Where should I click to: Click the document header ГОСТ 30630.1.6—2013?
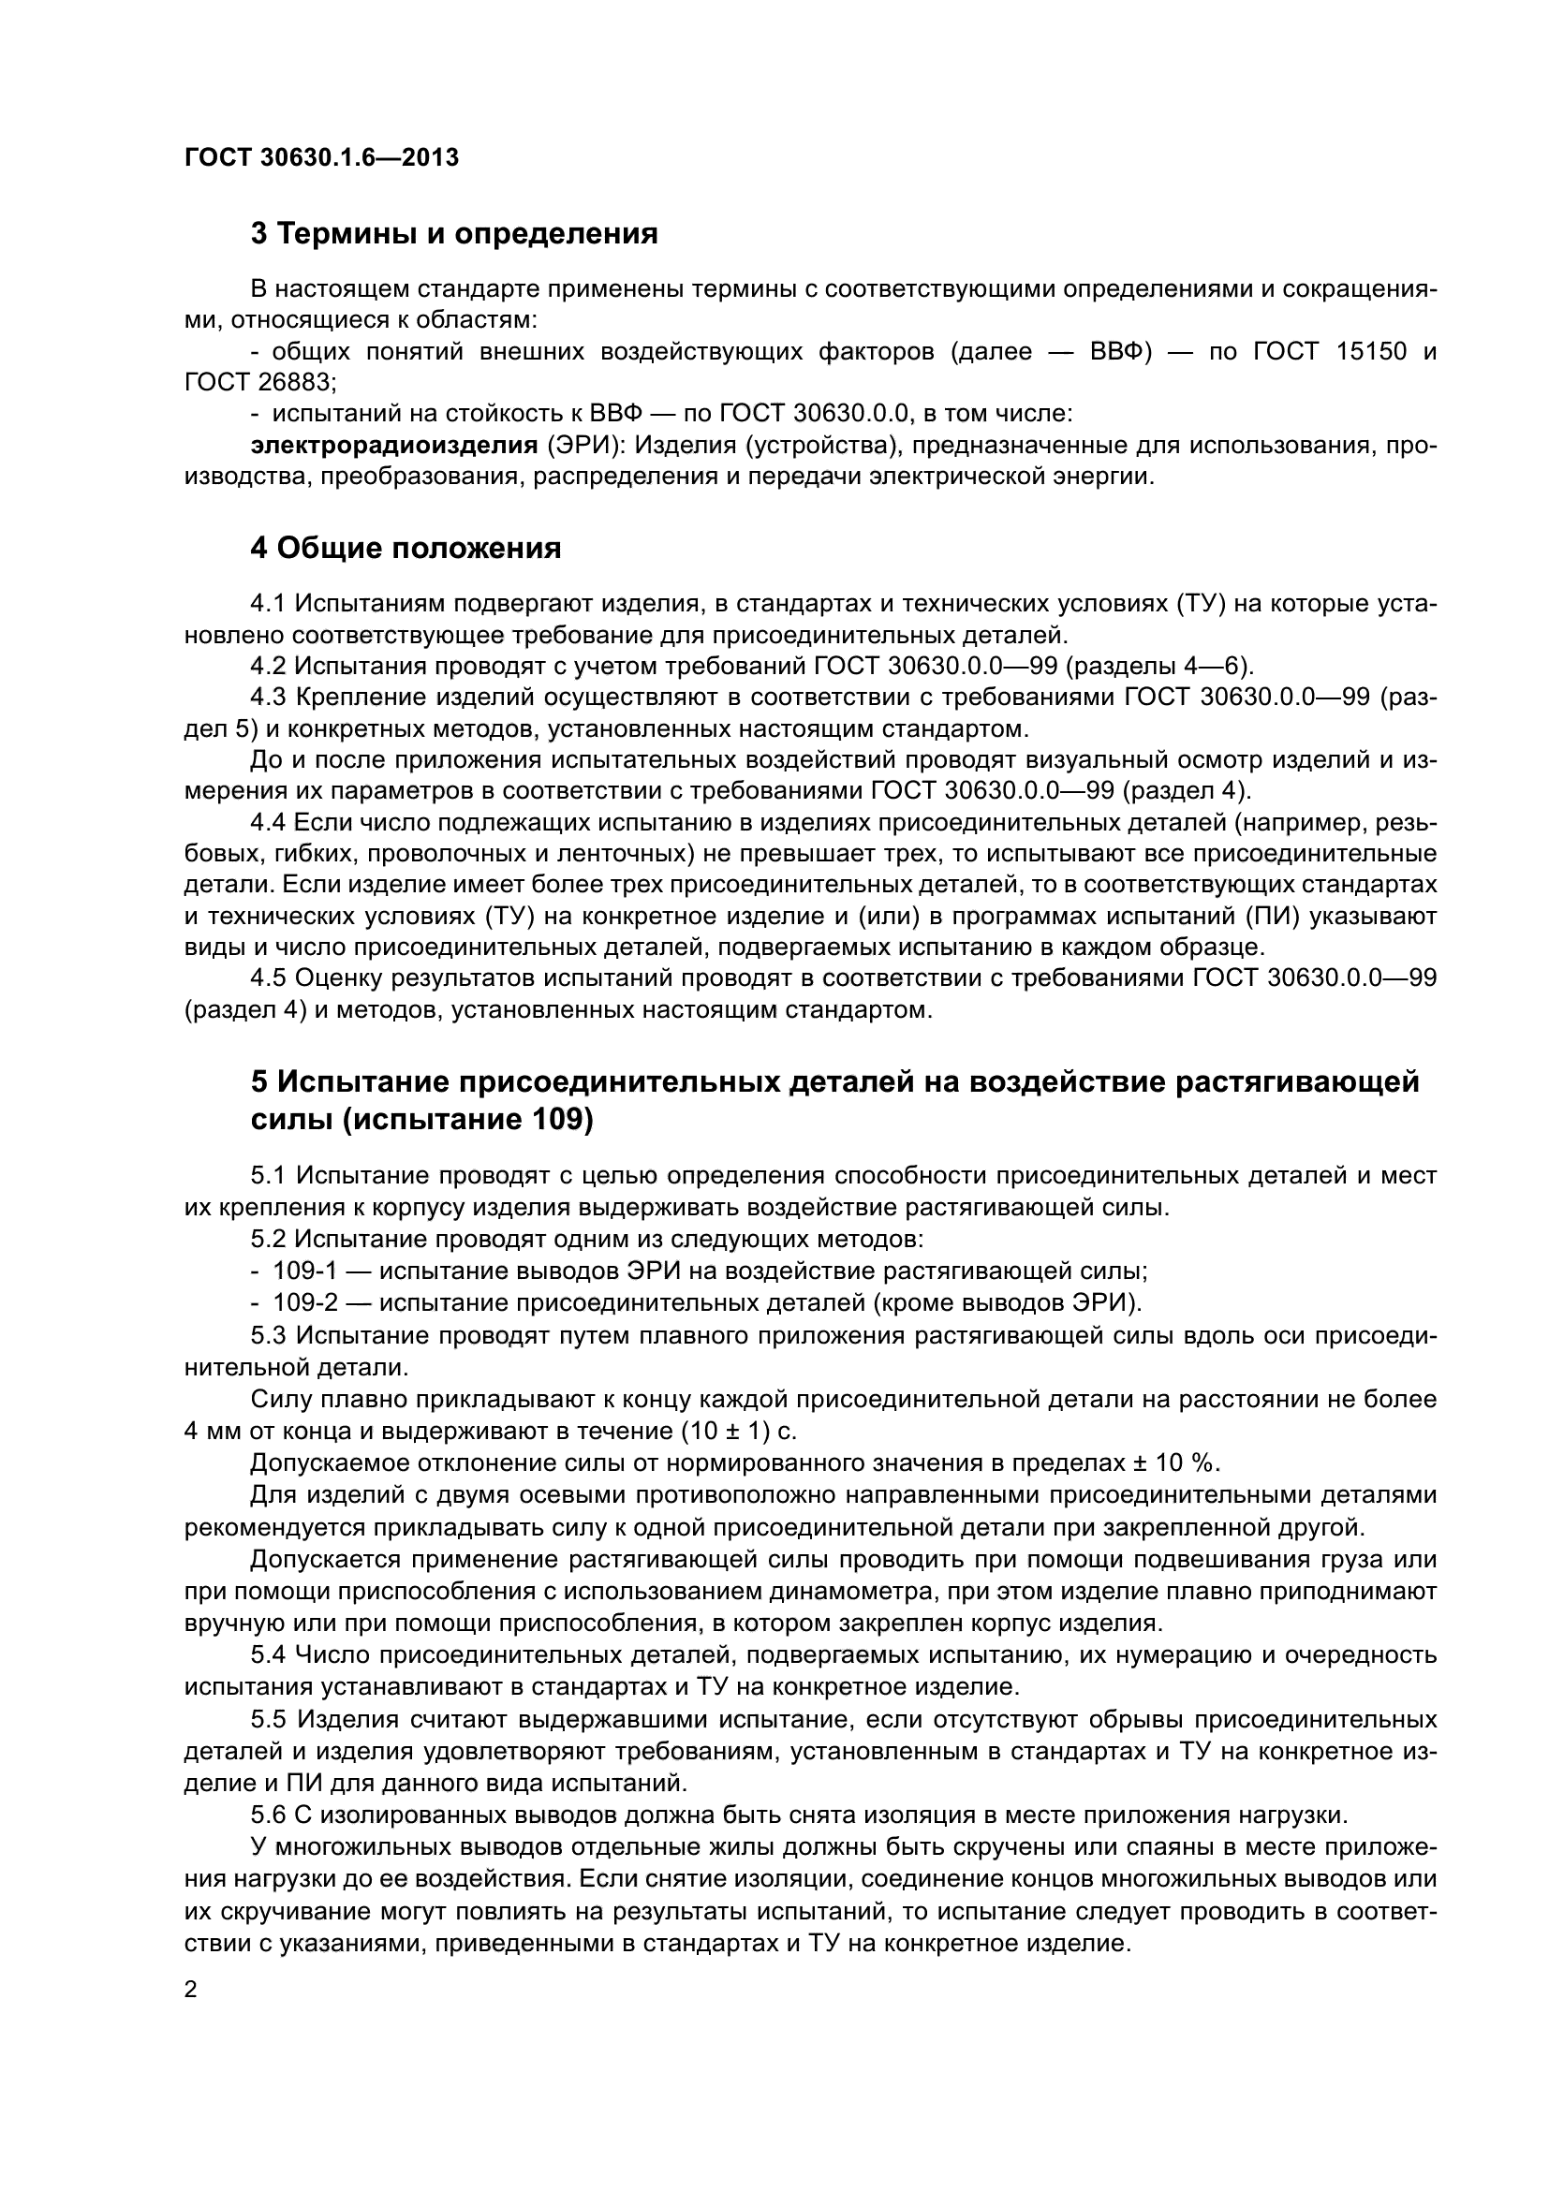pyautogui.click(x=321, y=157)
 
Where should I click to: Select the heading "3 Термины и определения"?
pyautogui.click(x=454, y=234)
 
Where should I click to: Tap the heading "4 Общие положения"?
pyautogui.click(x=406, y=549)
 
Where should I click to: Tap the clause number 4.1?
pyautogui.click(x=268, y=603)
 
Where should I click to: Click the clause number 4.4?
pyautogui.click(x=268, y=822)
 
